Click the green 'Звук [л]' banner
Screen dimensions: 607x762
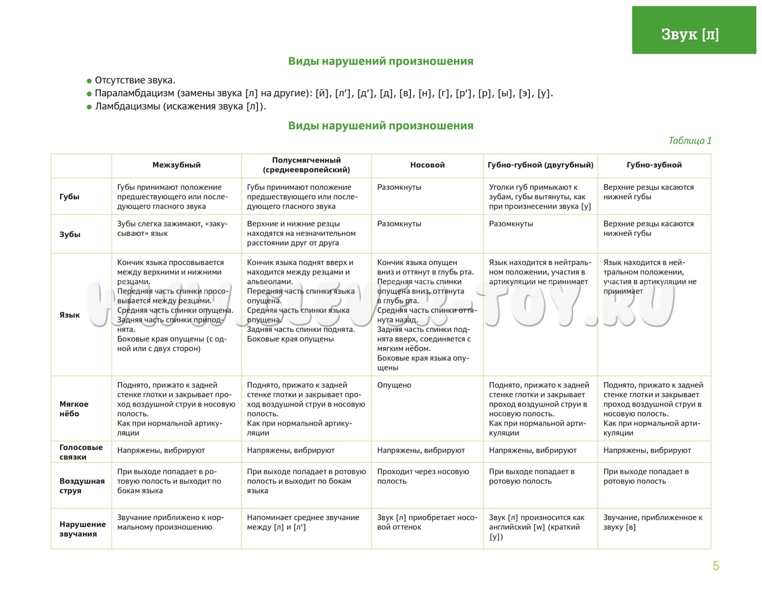[694, 30]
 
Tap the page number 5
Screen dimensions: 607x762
[716, 566]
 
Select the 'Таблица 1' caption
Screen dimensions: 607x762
[690, 140]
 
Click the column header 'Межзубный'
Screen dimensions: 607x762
[176, 165]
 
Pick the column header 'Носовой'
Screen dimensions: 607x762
[427, 165]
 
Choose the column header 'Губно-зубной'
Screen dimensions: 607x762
[654, 165]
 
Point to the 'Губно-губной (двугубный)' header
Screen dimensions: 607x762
[541, 165]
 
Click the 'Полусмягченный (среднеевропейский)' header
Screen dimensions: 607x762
[306, 165]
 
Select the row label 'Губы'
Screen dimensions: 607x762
[70, 197]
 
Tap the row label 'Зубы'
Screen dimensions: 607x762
[70, 234]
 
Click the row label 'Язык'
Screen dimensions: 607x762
[70, 315]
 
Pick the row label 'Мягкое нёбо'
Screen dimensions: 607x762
[74, 408]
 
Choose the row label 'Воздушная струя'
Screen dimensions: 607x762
[82, 486]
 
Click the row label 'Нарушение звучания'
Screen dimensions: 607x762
[82, 529]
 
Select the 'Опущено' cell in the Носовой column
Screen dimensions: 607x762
[394, 385]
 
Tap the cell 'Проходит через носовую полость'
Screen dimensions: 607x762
[422, 476]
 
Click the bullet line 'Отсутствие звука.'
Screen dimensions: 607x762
[135, 80]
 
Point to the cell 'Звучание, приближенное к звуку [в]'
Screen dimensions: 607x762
[653, 522]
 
